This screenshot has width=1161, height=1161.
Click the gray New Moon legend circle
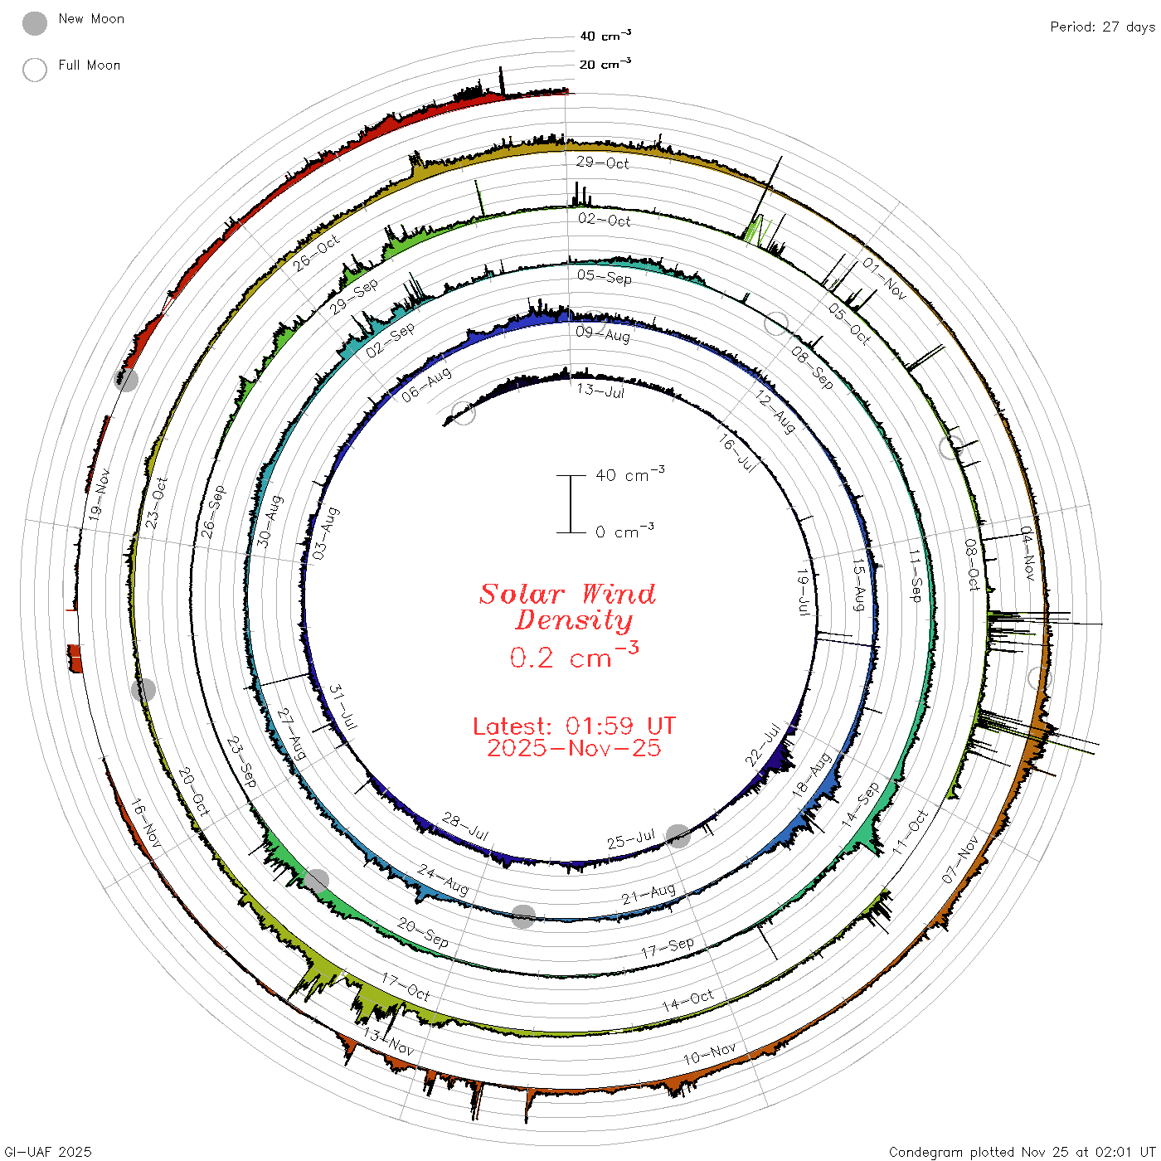(34, 23)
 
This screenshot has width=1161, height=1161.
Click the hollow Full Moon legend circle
(34, 70)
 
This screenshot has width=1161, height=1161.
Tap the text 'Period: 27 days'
(1102, 27)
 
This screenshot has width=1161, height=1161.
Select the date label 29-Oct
(602, 163)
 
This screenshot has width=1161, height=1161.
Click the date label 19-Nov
(100, 494)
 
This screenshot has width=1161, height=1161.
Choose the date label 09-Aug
(603, 333)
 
